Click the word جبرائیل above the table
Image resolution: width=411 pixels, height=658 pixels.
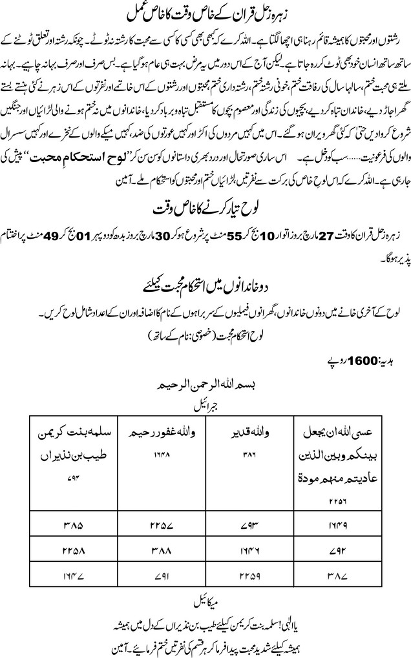(x=205, y=408)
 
